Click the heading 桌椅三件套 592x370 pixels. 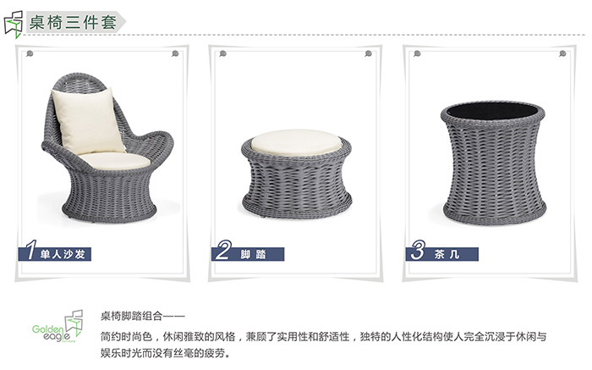(73, 22)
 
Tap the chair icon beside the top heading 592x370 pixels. (14, 25)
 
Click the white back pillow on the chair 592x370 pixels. (88, 120)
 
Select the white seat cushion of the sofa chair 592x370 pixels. (115, 161)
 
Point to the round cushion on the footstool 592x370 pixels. (296, 142)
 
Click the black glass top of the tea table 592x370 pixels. (492, 110)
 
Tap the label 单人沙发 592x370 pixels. (63, 254)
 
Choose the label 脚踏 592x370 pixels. (254, 254)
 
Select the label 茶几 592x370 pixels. (447, 254)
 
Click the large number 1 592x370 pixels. (31, 250)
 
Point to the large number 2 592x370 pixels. (223, 250)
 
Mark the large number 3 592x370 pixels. (419, 250)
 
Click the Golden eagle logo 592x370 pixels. (58, 327)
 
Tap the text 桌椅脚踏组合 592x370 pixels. (131, 316)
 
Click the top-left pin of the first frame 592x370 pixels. (30, 54)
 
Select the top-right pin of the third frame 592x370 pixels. (562, 54)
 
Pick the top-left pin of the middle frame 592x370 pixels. (223, 54)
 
